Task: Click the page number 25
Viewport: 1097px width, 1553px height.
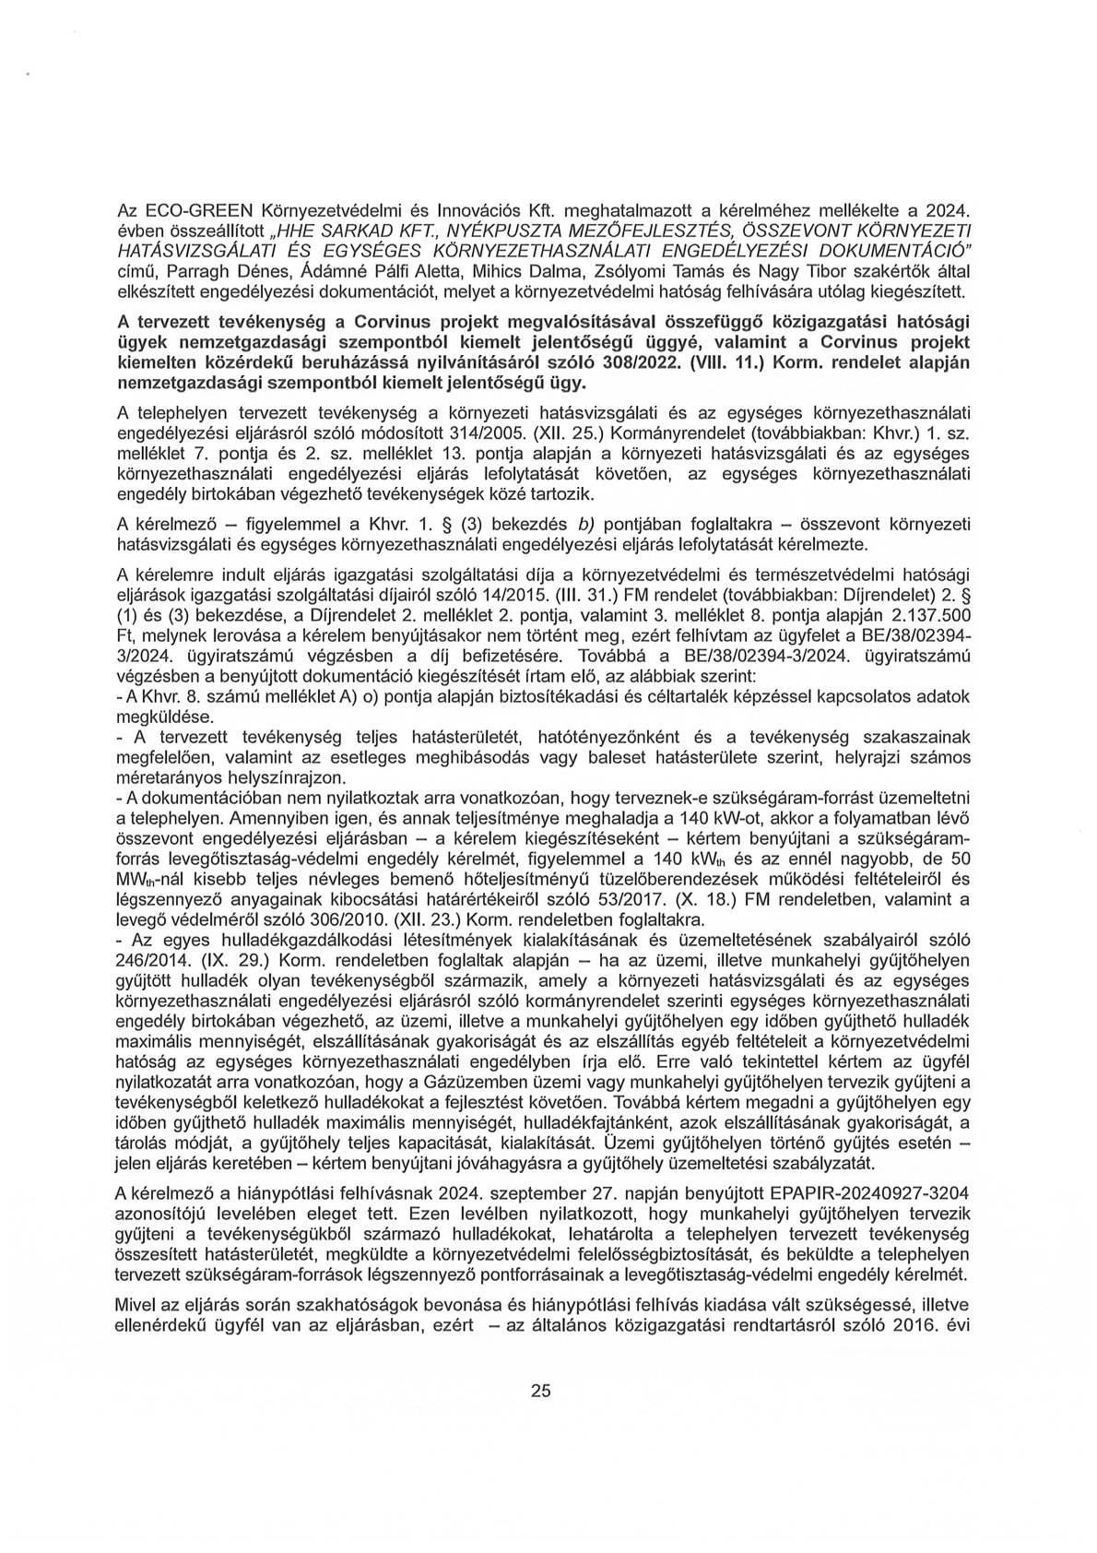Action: [x=540, y=1417]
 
